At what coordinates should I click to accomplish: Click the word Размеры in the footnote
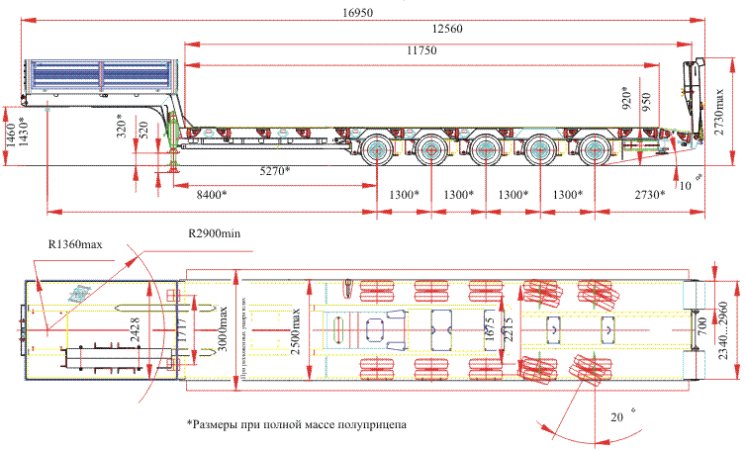[220, 424]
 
